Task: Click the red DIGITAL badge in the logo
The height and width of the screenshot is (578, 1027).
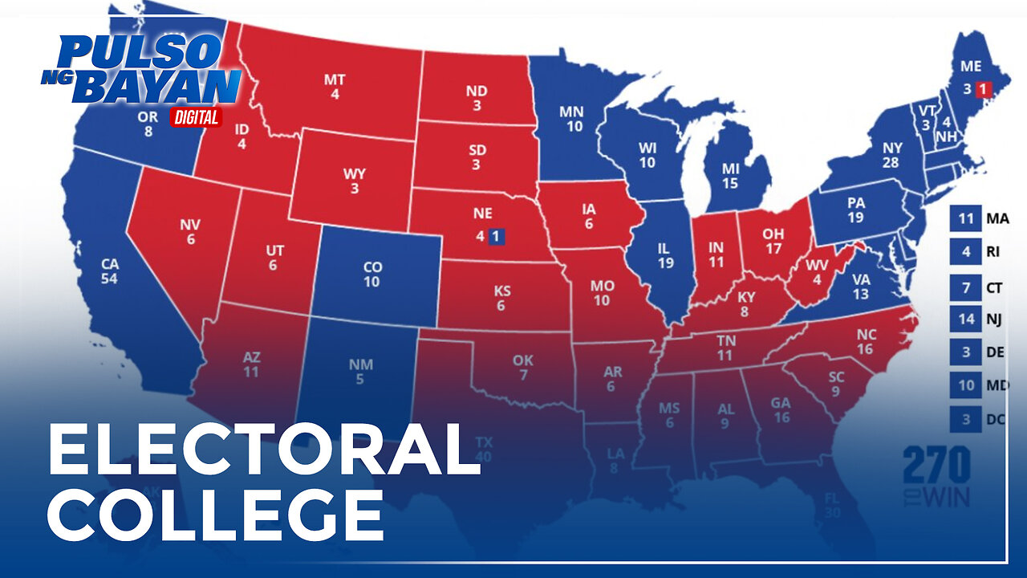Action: click(196, 117)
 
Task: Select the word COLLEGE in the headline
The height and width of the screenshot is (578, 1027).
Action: click(215, 514)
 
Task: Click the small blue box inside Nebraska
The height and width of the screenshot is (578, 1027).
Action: click(497, 236)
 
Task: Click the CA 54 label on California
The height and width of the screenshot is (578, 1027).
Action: click(110, 271)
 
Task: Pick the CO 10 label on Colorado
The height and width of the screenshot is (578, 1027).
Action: click(371, 275)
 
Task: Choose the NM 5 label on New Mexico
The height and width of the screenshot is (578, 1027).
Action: click(361, 372)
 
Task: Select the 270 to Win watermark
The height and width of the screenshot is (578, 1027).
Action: click(936, 476)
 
